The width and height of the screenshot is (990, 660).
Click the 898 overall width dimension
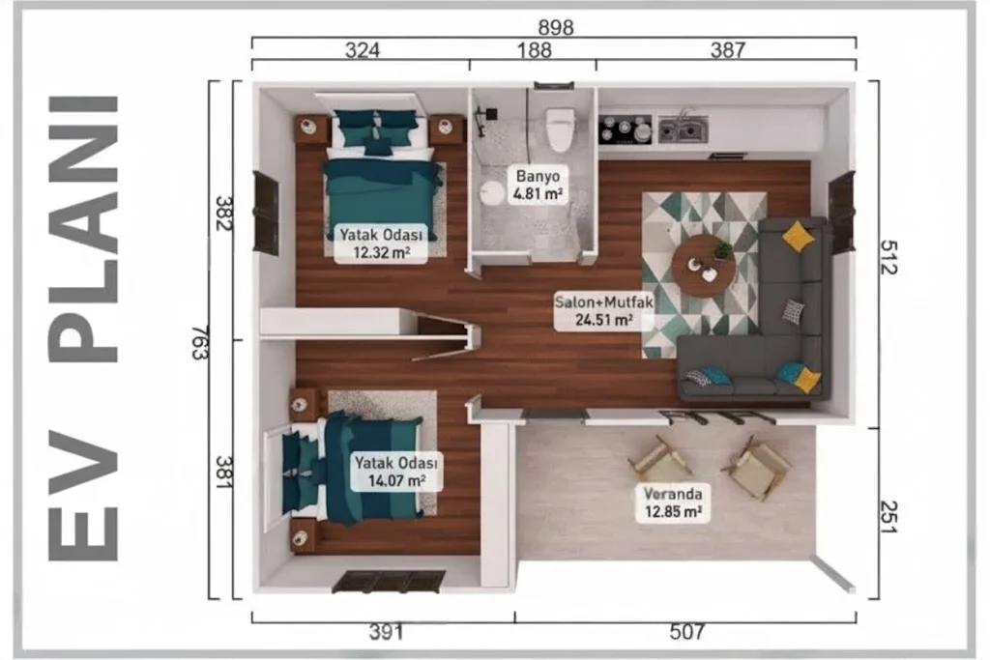[x=556, y=28]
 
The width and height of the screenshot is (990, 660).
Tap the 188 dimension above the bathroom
[x=534, y=50]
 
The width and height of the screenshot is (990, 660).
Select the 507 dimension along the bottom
[x=687, y=631]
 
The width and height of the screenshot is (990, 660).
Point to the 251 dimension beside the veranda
[x=888, y=517]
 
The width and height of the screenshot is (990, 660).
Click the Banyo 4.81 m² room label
[x=538, y=185]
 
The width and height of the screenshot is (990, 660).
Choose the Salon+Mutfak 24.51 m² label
[x=603, y=310]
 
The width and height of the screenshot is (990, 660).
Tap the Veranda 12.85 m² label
[x=673, y=502]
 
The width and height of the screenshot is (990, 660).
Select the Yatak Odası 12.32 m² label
[x=381, y=244]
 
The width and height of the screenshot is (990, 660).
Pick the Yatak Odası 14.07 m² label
[x=395, y=472]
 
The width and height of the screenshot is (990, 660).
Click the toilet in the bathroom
[x=560, y=129]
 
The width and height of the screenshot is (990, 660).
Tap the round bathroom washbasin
[x=491, y=193]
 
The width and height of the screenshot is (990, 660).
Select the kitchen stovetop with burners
[x=626, y=129]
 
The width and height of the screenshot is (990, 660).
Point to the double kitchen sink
[x=684, y=129]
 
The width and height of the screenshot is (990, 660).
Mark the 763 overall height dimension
[x=200, y=343]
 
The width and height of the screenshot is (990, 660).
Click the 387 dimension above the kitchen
[x=728, y=50]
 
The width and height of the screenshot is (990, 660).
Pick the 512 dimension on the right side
[x=888, y=257]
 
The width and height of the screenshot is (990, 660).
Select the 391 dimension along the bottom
[x=387, y=632]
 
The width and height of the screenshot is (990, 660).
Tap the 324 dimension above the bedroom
[x=363, y=50]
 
